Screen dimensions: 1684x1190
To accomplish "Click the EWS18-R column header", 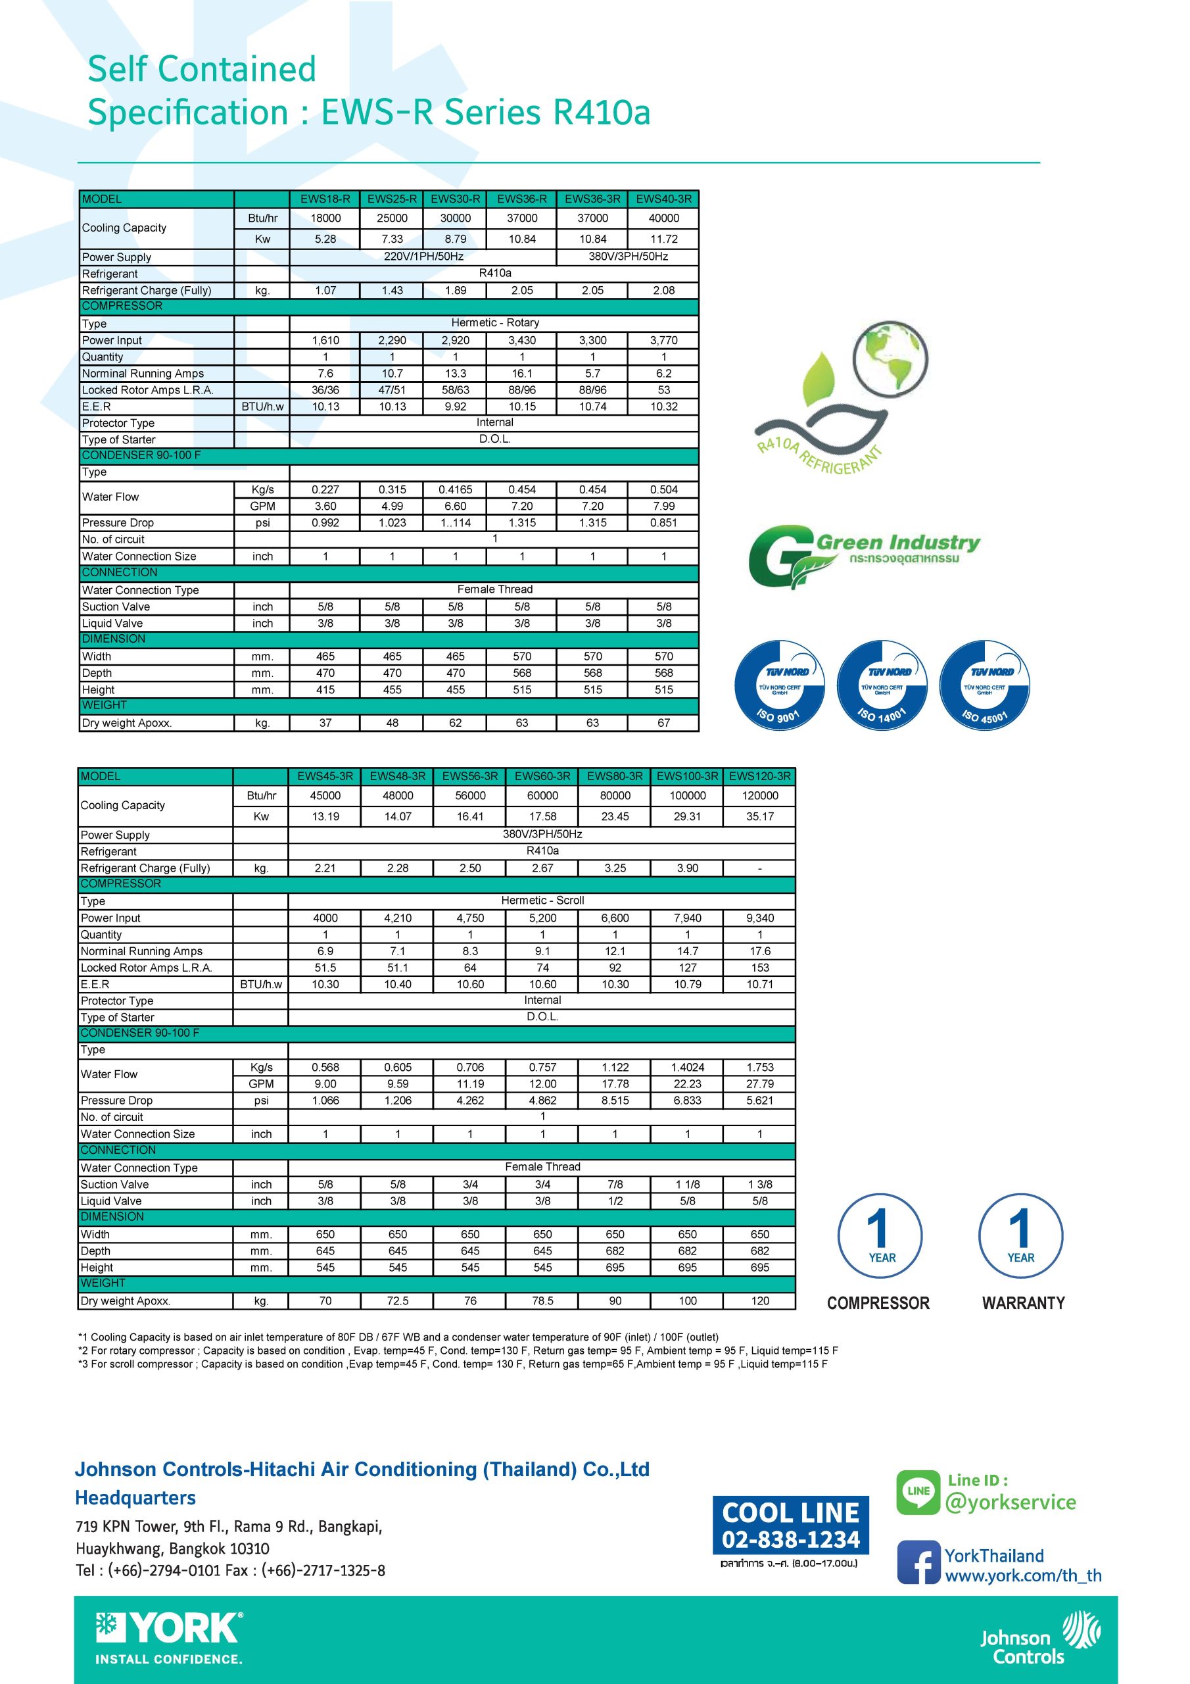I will [x=325, y=199].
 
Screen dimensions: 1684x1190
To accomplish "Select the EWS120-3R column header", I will [x=759, y=776].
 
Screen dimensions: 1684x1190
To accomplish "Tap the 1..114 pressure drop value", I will [x=456, y=523].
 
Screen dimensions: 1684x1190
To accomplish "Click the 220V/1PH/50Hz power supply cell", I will [x=423, y=257].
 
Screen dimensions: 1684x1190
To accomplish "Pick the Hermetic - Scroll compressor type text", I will [x=542, y=900].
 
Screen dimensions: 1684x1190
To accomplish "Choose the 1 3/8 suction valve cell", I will [x=759, y=1185].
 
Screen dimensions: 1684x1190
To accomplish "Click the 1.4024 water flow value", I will [x=687, y=1067].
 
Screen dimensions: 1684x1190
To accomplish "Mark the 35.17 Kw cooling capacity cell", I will [x=759, y=816].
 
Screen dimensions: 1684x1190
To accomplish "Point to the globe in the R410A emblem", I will [x=890, y=360].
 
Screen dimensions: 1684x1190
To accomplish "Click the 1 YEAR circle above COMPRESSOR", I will [x=880, y=1237].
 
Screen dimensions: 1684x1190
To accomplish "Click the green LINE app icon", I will [x=918, y=1492].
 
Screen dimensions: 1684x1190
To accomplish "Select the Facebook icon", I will [x=918, y=1562].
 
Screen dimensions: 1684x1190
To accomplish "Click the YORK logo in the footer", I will [x=170, y=1629].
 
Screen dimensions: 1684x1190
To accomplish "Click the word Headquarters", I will [x=135, y=1497].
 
